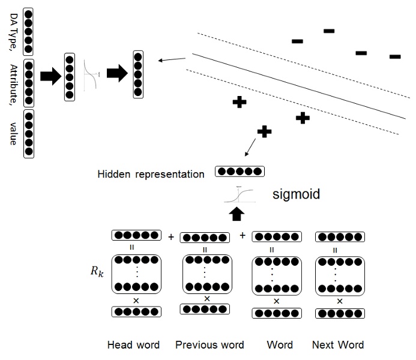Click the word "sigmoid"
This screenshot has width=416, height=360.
tap(296, 195)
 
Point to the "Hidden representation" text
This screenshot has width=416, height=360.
tap(151, 174)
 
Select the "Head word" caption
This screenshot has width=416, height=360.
tap(133, 344)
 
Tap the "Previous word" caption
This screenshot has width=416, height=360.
tap(210, 344)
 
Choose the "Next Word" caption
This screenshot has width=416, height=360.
tap(338, 344)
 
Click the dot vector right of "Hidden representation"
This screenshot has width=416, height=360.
tap(240, 172)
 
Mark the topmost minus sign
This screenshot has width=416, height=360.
tap(329, 31)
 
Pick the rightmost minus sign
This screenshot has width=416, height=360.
tap(395, 57)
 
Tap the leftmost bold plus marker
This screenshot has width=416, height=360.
tap(239, 103)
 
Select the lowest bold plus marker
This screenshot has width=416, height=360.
tap(263, 131)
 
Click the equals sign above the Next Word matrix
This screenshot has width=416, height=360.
tap(339, 250)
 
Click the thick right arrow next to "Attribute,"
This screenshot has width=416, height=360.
tap(50, 76)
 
